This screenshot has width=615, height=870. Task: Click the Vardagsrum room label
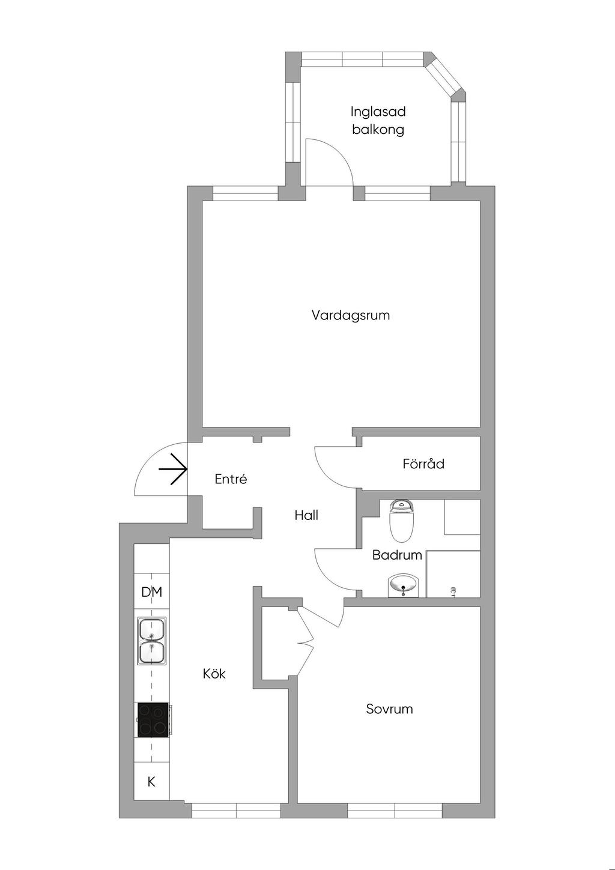coord(351,315)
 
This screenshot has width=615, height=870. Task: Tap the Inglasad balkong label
coord(378,120)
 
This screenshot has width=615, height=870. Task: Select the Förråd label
coord(423,464)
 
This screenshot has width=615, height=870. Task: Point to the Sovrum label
coord(389,709)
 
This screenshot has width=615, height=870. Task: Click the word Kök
coord(214,674)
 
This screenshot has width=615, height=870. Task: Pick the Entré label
coord(231,479)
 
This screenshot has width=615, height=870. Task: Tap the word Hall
coord(306,515)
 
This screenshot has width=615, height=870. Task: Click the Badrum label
coord(397,555)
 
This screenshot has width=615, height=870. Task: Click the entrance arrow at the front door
coord(173,469)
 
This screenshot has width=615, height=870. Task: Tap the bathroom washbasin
coord(403,585)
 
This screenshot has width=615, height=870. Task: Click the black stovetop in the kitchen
coord(153,720)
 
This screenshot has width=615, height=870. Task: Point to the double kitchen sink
coord(152,641)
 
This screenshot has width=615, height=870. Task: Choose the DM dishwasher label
coord(152,593)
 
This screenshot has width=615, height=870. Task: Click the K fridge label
coord(151,782)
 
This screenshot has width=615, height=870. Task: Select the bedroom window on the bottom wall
coord(395,811)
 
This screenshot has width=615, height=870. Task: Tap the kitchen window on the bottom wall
coord(236,811)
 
